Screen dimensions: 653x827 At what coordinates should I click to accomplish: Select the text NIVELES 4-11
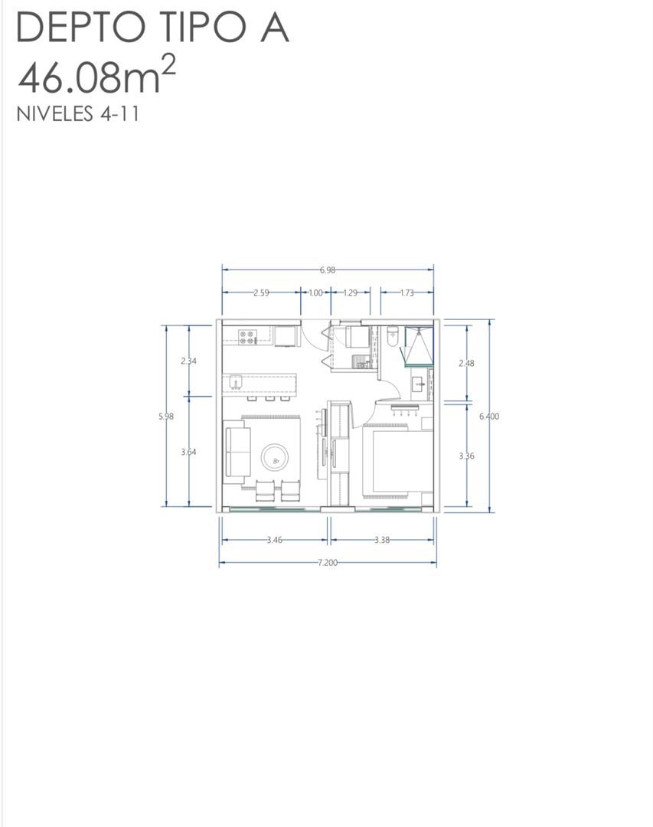[x=77, y=114]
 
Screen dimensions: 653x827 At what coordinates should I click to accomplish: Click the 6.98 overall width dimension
[x=327, y=270]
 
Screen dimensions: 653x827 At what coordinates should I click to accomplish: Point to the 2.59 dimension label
[x=261, y=293]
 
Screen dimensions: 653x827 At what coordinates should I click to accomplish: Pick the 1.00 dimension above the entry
[x=315, y=293]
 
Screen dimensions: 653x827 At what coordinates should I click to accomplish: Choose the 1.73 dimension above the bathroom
[x=406, y=293]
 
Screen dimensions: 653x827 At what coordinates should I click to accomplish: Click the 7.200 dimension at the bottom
[x=328, y=563]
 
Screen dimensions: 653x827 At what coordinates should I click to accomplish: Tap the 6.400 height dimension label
[x=489, y=416]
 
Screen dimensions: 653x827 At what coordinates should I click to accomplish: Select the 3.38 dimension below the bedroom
[x=382, y=540]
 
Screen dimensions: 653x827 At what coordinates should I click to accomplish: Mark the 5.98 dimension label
[x=166, y=416]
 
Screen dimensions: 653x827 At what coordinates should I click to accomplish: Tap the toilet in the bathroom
[x=393, y=336]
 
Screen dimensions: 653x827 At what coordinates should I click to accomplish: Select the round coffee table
[x=276, y=458]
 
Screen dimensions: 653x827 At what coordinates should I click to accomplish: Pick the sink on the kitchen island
[x=236, y=382]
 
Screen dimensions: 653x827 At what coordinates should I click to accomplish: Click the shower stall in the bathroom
[x=419, y=345]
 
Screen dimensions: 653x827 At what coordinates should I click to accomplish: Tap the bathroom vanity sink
[x=420, y=384]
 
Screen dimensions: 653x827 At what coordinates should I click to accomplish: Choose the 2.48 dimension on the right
[x=466, y=364]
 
